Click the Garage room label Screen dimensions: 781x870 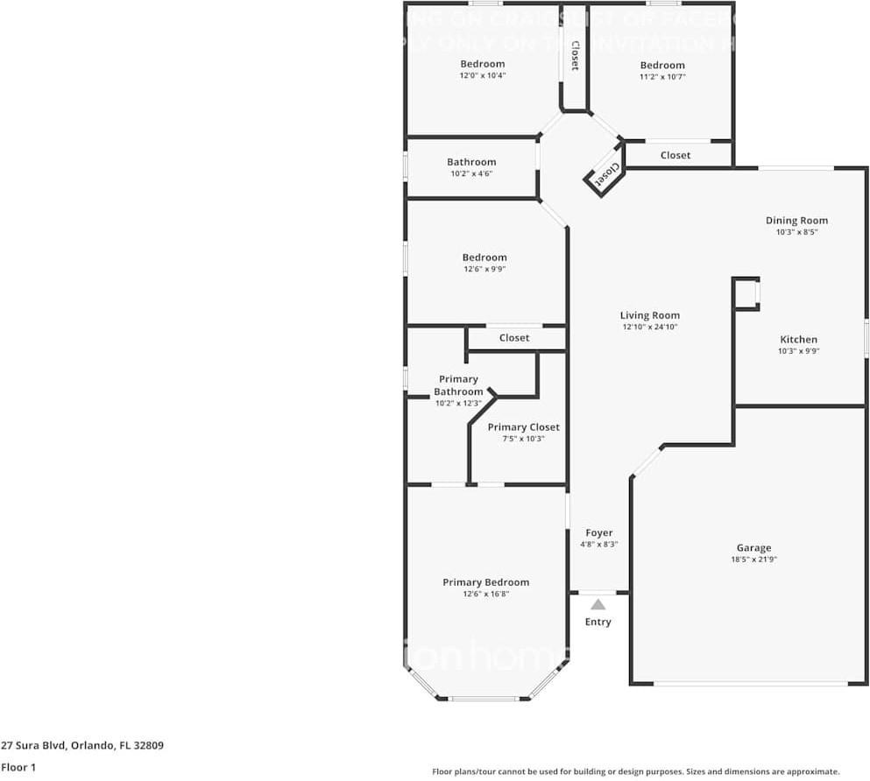[753, 548]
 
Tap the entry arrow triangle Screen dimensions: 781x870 [598, 604]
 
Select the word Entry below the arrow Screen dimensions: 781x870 [598, 622]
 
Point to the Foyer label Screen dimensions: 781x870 [599, 532]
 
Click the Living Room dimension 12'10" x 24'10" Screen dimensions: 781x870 [650, 327]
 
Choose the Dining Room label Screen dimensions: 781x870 [796, 221]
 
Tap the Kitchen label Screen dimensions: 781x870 [798, 340]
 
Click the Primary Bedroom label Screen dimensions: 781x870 [485, 582]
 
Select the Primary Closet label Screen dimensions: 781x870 [523, 427]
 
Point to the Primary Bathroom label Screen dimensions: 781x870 [458, 385]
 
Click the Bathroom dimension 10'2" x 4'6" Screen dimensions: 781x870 [471, 173]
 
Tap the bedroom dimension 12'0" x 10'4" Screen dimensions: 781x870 [483, 75]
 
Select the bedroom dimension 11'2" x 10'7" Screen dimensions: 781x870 [662, 77]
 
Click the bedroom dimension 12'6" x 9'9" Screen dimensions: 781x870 [485, 269]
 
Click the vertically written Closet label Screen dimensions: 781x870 [575, 55]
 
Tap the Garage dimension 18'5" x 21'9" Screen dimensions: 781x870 [753, 559]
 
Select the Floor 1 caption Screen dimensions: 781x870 [18, 767]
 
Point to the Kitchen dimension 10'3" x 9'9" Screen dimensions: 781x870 [798, 351]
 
